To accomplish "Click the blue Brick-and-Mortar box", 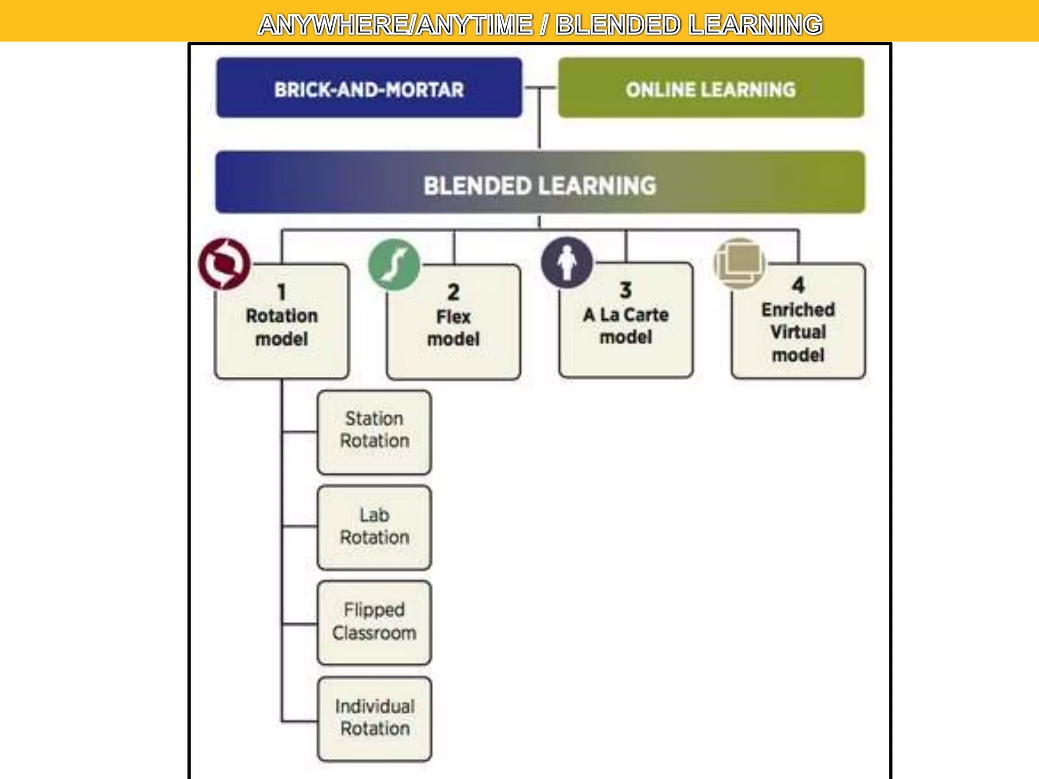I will pos(369,88).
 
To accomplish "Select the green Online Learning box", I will pos(711,88).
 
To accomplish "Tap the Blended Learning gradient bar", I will pos(540,183).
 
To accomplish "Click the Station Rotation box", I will pos(374,432).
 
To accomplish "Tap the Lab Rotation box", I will pos(374,527).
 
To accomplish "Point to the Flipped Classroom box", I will pos(374,622).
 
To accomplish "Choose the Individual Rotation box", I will pos(374,719).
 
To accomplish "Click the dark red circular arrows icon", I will pos(224,264).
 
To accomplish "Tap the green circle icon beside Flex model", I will pos(394,265).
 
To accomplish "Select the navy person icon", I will pos(567,263).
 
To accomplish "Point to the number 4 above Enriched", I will pos(798,285).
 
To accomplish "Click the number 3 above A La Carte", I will pos(626,290).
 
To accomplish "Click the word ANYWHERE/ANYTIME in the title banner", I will pos(396,24).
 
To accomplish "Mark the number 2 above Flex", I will pos(454,292).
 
